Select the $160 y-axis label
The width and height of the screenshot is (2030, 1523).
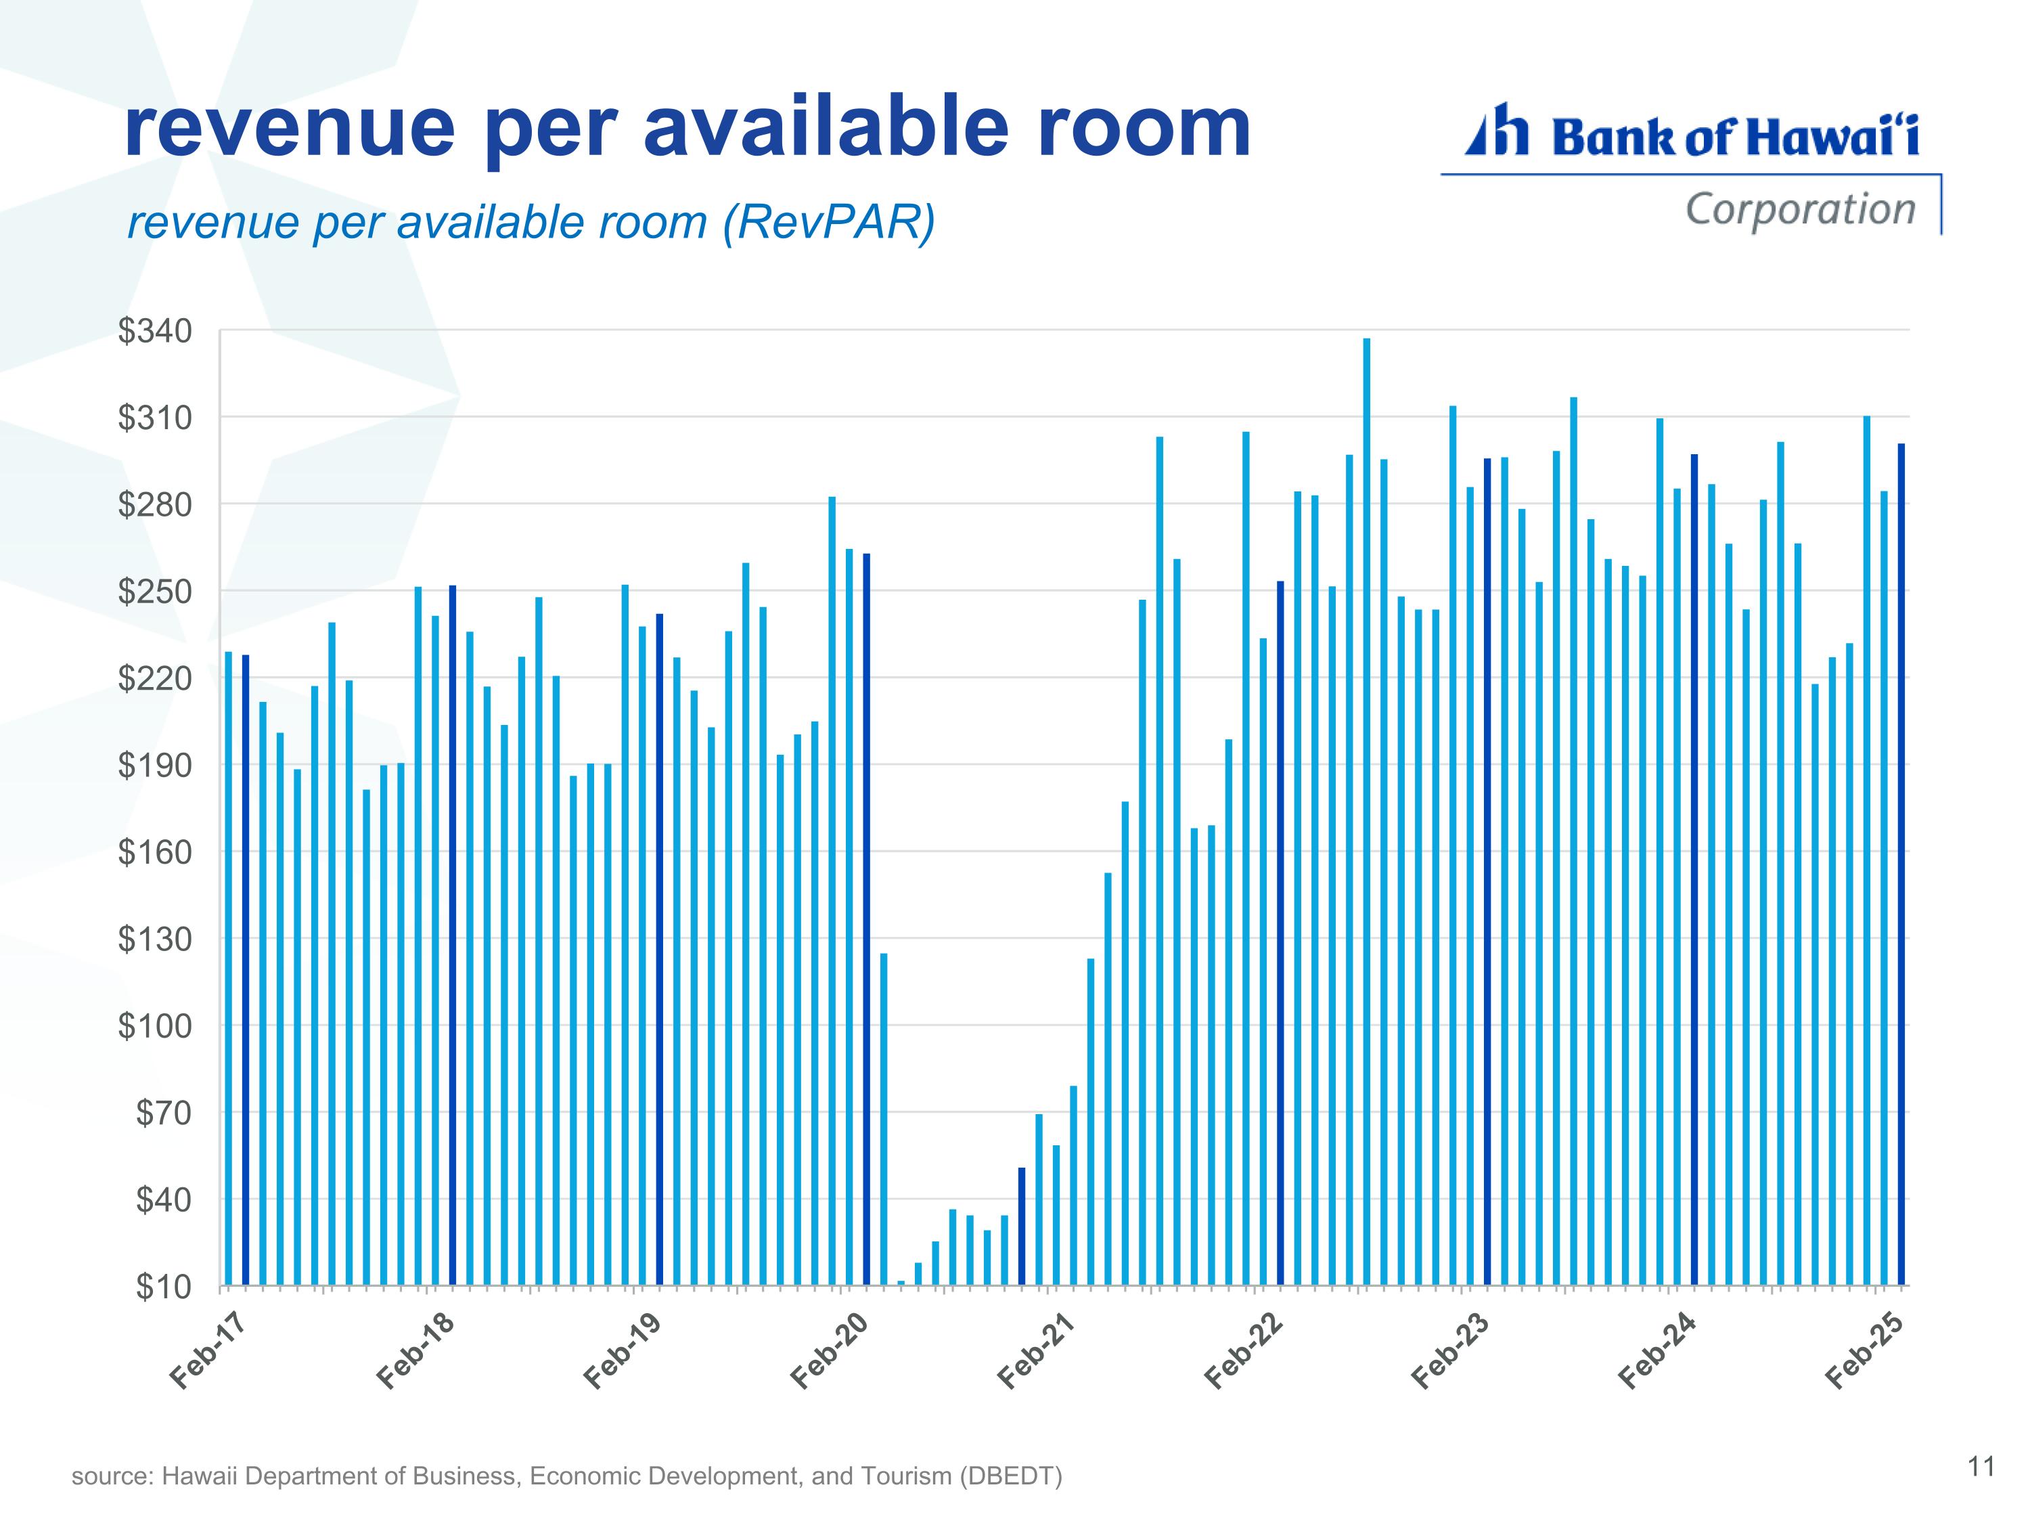[155, 852]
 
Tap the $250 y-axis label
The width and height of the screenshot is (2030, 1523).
[155, 591]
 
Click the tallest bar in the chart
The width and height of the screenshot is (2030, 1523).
[1366, 812]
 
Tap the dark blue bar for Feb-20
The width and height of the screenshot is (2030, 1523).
[866, 919]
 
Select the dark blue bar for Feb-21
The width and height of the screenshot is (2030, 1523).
[1021, 1227]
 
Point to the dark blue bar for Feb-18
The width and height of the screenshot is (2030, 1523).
[453, 935]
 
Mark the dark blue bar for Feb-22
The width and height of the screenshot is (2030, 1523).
[1280, 933]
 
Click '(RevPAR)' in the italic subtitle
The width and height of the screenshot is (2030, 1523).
[829, 223]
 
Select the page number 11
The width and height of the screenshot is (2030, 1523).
[1981, 1467]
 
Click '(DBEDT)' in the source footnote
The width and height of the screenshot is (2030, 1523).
[1010, 1476]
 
